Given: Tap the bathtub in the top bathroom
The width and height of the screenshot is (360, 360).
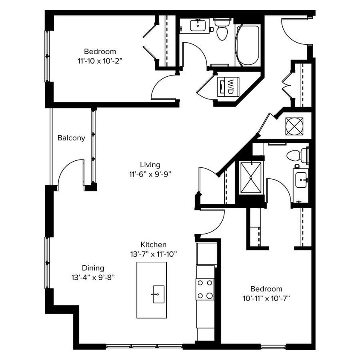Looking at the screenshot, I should pos(248,46).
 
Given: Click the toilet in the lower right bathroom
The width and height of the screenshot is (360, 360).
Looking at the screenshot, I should pos(298,155).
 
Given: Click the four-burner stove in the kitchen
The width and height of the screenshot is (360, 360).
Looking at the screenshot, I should pos(205,289).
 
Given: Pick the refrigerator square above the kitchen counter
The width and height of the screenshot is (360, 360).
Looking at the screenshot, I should pos(206,254).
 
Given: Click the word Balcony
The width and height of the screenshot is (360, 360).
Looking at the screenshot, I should pos(71,138).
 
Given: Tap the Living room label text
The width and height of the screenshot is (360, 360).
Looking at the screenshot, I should pos(150,165).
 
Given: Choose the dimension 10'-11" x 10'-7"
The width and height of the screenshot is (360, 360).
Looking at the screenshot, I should pos(266,298).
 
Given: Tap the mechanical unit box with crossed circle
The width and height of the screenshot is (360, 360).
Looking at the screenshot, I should pos(294,126).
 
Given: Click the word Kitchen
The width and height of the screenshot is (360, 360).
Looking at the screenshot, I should pos(154,245).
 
